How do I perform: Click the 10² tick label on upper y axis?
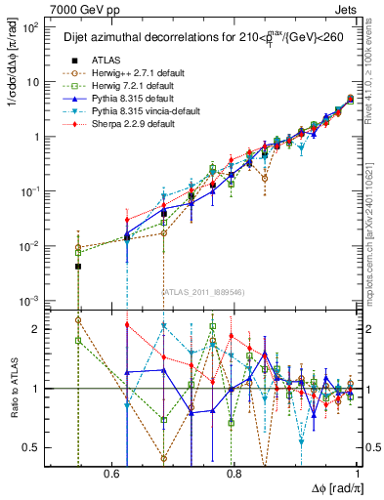coord(29,28)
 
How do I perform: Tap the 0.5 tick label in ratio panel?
coord(31,447)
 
